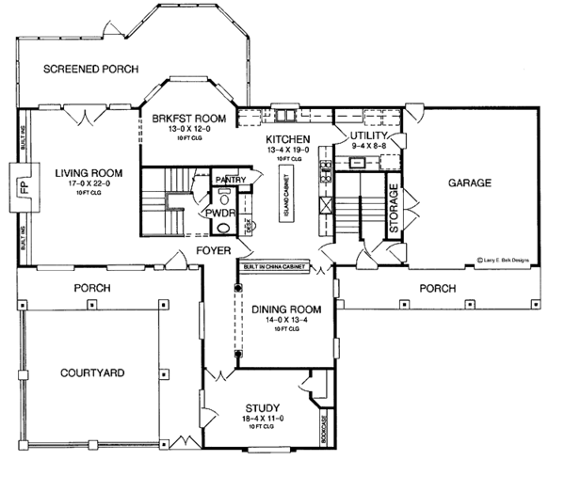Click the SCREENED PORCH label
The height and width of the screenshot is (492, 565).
click(91, 69)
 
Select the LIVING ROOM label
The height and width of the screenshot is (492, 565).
click(89, 172)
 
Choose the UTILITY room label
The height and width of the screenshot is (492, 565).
click(369, 135)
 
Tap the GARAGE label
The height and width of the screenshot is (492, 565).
click(470, 183)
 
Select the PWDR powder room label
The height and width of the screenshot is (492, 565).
click(221, 214)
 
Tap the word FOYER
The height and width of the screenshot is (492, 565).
click(215, 250)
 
